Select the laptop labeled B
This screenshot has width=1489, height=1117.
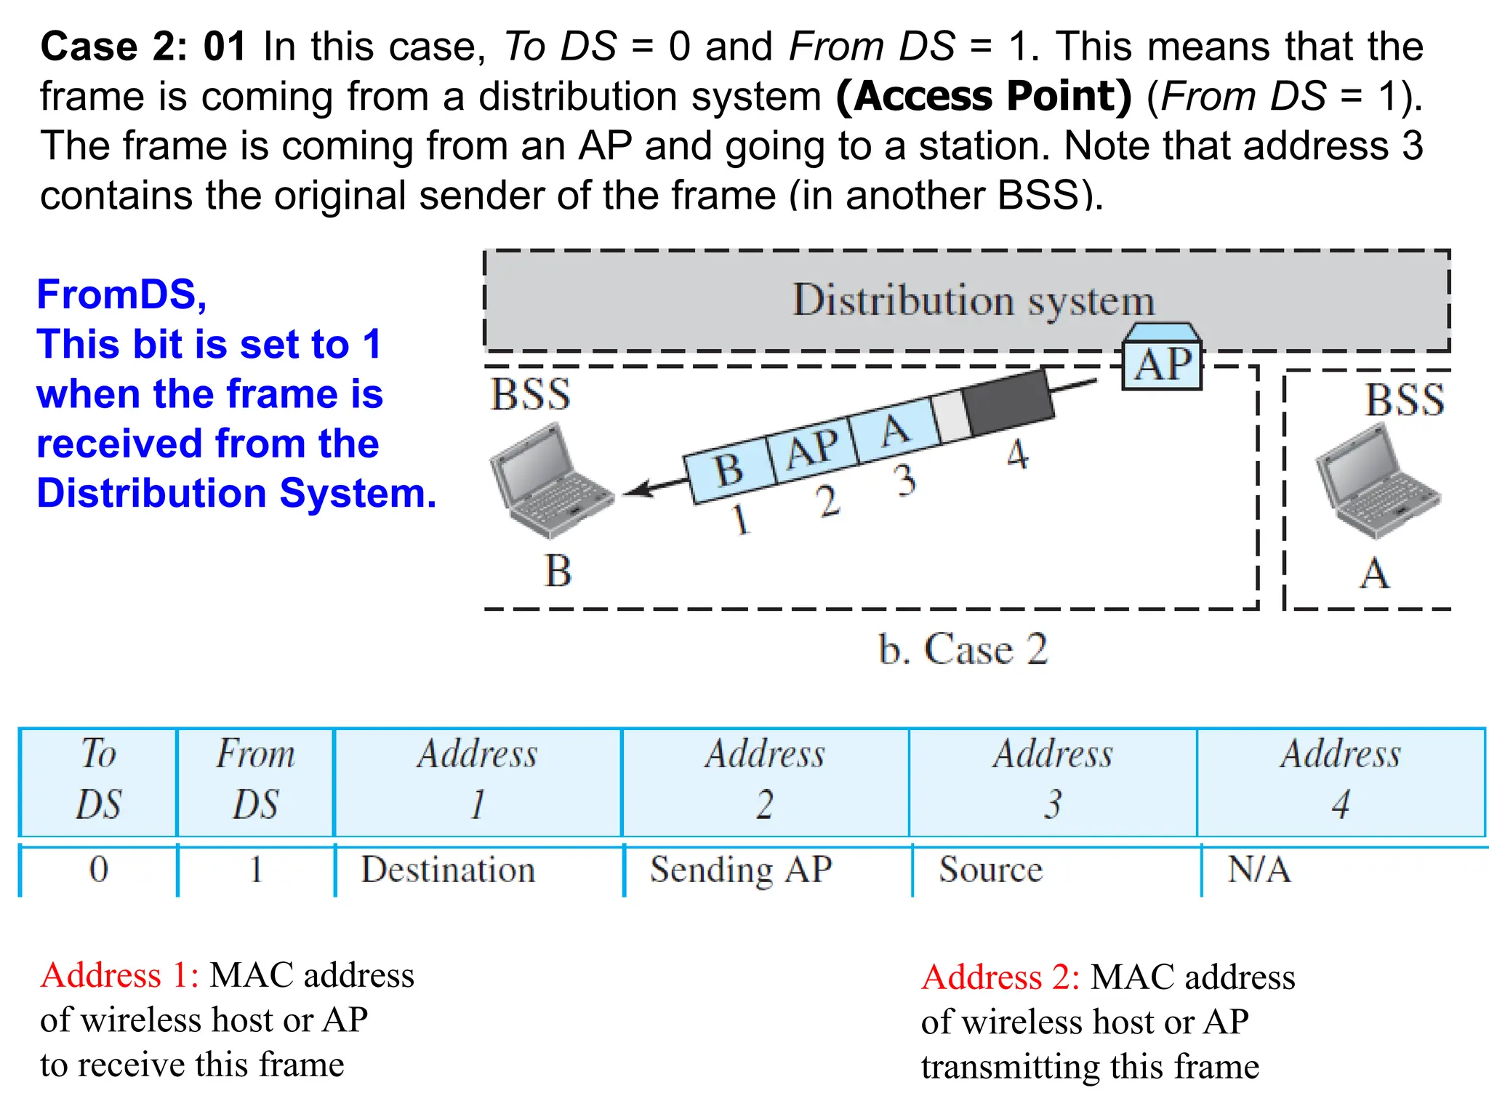[x=551, y=480]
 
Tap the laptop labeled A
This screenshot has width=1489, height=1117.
[x=1377, y=481]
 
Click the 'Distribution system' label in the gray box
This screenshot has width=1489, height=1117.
[x=973, y=300]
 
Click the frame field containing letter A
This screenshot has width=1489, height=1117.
[x=896, y=429]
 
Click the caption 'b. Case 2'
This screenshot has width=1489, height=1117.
[x=963, y=649]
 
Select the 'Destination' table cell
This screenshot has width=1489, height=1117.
[x=449, y=870]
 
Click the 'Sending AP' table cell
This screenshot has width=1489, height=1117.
[x=741, y=870]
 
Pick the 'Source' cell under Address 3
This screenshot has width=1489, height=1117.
[x=990, y=870]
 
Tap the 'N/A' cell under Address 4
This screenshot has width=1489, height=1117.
[x=1259, y=870]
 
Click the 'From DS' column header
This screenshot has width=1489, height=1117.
[x=255, y=779]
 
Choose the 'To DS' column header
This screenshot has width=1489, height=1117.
[x=98, y=779]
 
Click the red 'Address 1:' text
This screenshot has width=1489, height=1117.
[x=120, y=975]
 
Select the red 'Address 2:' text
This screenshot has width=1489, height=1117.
[x=1000, y=977]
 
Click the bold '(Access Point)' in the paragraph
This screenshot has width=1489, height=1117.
[x=984, y=96]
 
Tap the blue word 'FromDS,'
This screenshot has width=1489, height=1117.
[x=122, y=295]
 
